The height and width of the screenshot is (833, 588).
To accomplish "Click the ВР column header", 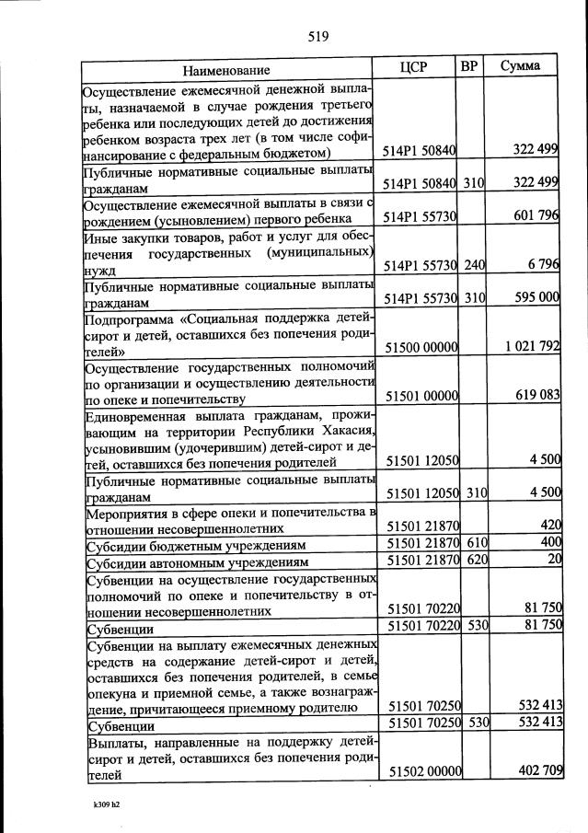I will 470,66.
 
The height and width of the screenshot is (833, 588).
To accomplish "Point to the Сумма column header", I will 520,66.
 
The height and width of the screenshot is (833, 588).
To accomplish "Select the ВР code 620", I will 475,559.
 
